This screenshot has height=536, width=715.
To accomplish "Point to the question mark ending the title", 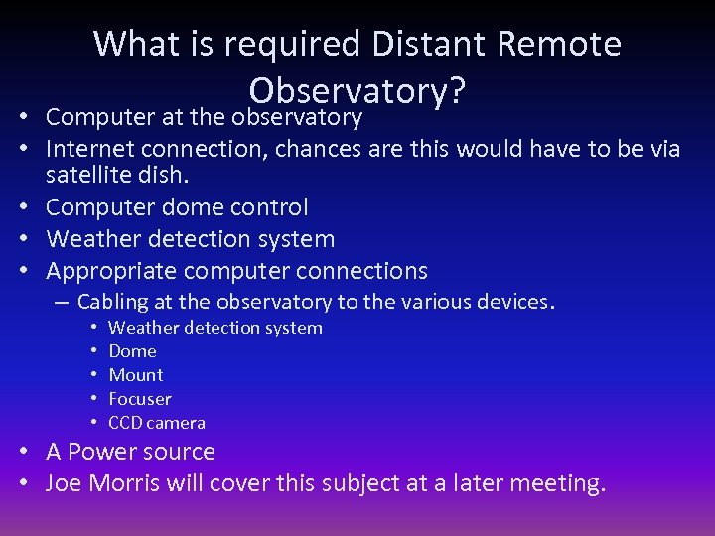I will (x=457, y=90).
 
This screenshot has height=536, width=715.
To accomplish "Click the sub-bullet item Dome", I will (x=132, y=351).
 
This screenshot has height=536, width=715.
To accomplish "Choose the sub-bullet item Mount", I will (x=136, y=375).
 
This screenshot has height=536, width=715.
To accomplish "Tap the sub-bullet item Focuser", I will (x=140, y=399).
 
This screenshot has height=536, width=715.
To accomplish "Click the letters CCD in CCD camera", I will (x=125, y=423).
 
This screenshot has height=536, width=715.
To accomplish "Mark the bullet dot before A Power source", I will (x=26, y=452).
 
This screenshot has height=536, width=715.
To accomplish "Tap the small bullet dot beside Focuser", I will (x=91, y=399).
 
